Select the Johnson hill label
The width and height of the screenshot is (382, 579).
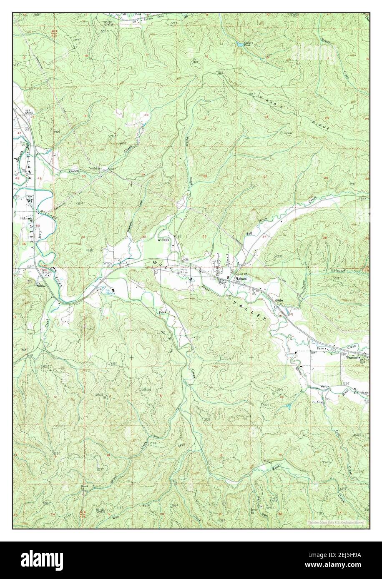click(144, 389)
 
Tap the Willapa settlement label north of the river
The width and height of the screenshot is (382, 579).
click(163, 240)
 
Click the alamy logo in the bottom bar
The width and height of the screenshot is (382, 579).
click(43, 558)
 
